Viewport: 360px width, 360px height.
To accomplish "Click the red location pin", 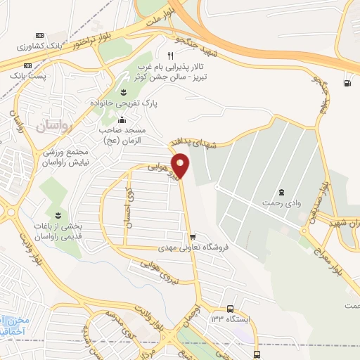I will coord(181,166).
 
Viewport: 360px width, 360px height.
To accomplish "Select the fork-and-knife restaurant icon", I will coord(169,56).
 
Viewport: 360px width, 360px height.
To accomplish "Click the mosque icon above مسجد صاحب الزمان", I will coord(121,120).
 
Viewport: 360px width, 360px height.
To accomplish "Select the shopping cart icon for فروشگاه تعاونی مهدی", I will coord(192,236).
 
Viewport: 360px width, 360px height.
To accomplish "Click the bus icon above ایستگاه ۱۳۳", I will coord(231,308).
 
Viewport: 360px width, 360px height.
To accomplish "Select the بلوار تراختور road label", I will coord(84,44).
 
